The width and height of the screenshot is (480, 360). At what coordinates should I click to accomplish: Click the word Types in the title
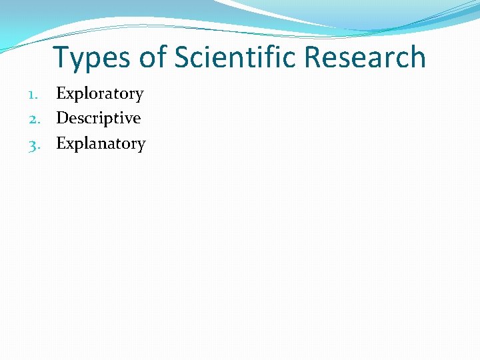coord(93,58)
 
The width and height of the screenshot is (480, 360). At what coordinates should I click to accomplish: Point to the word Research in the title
coord(364,58)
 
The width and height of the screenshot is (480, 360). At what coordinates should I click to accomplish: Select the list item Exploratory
coord(99,94)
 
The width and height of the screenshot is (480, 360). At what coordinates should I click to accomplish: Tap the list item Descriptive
coord(98,119)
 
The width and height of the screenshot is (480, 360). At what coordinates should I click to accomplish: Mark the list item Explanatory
coord(101,144)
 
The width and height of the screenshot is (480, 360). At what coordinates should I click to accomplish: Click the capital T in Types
coord(62,58)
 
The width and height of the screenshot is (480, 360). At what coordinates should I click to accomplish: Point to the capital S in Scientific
coord(183,58)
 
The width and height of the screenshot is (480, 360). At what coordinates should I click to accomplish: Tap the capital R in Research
coord(314,58)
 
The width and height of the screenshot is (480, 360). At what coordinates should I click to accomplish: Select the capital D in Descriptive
coord(63,119)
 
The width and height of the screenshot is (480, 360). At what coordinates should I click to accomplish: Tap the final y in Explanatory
coord(141,146)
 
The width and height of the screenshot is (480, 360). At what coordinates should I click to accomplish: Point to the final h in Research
coord(417,58)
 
